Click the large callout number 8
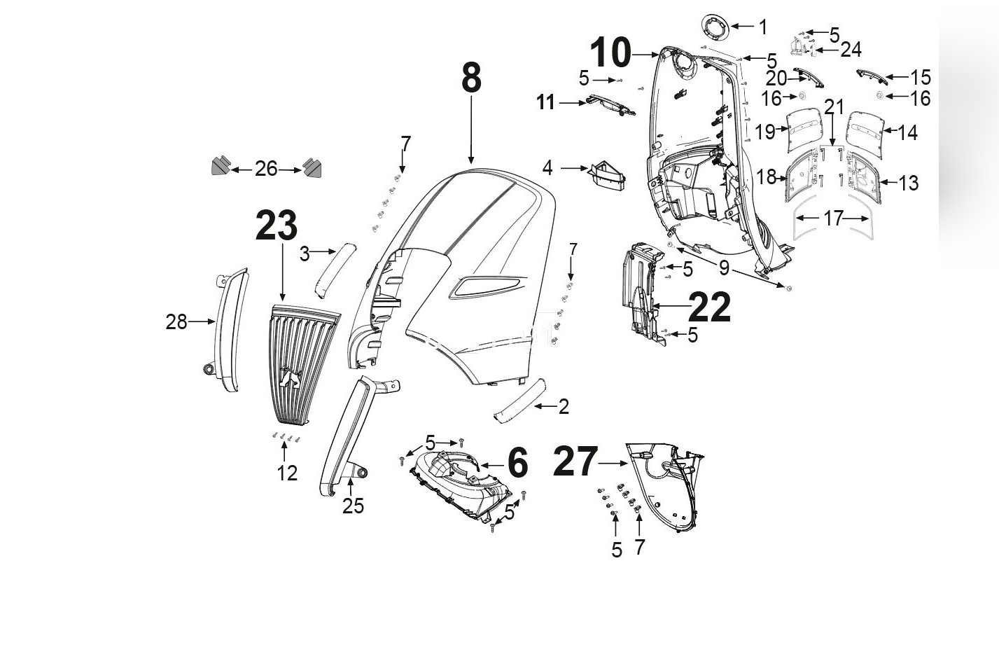click(x=471, y=78)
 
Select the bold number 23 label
click(x=277, y=226)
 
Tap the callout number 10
click(x=610, y=53)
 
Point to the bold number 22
click(x=709, y=307)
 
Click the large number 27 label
click(x=575, y=462)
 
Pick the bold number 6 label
click(x=517, y=463)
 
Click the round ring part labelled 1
click(x=715, y=29)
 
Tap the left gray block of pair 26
click(x=221, y=166)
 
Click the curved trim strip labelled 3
click(x=335, y=270)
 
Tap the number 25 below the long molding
click(x=353, y=506)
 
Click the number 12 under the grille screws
click(x=287, y=473)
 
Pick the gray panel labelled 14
click(x=865, y=129)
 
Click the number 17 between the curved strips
click(x=832, y=218)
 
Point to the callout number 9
click(x=724, y=267)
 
